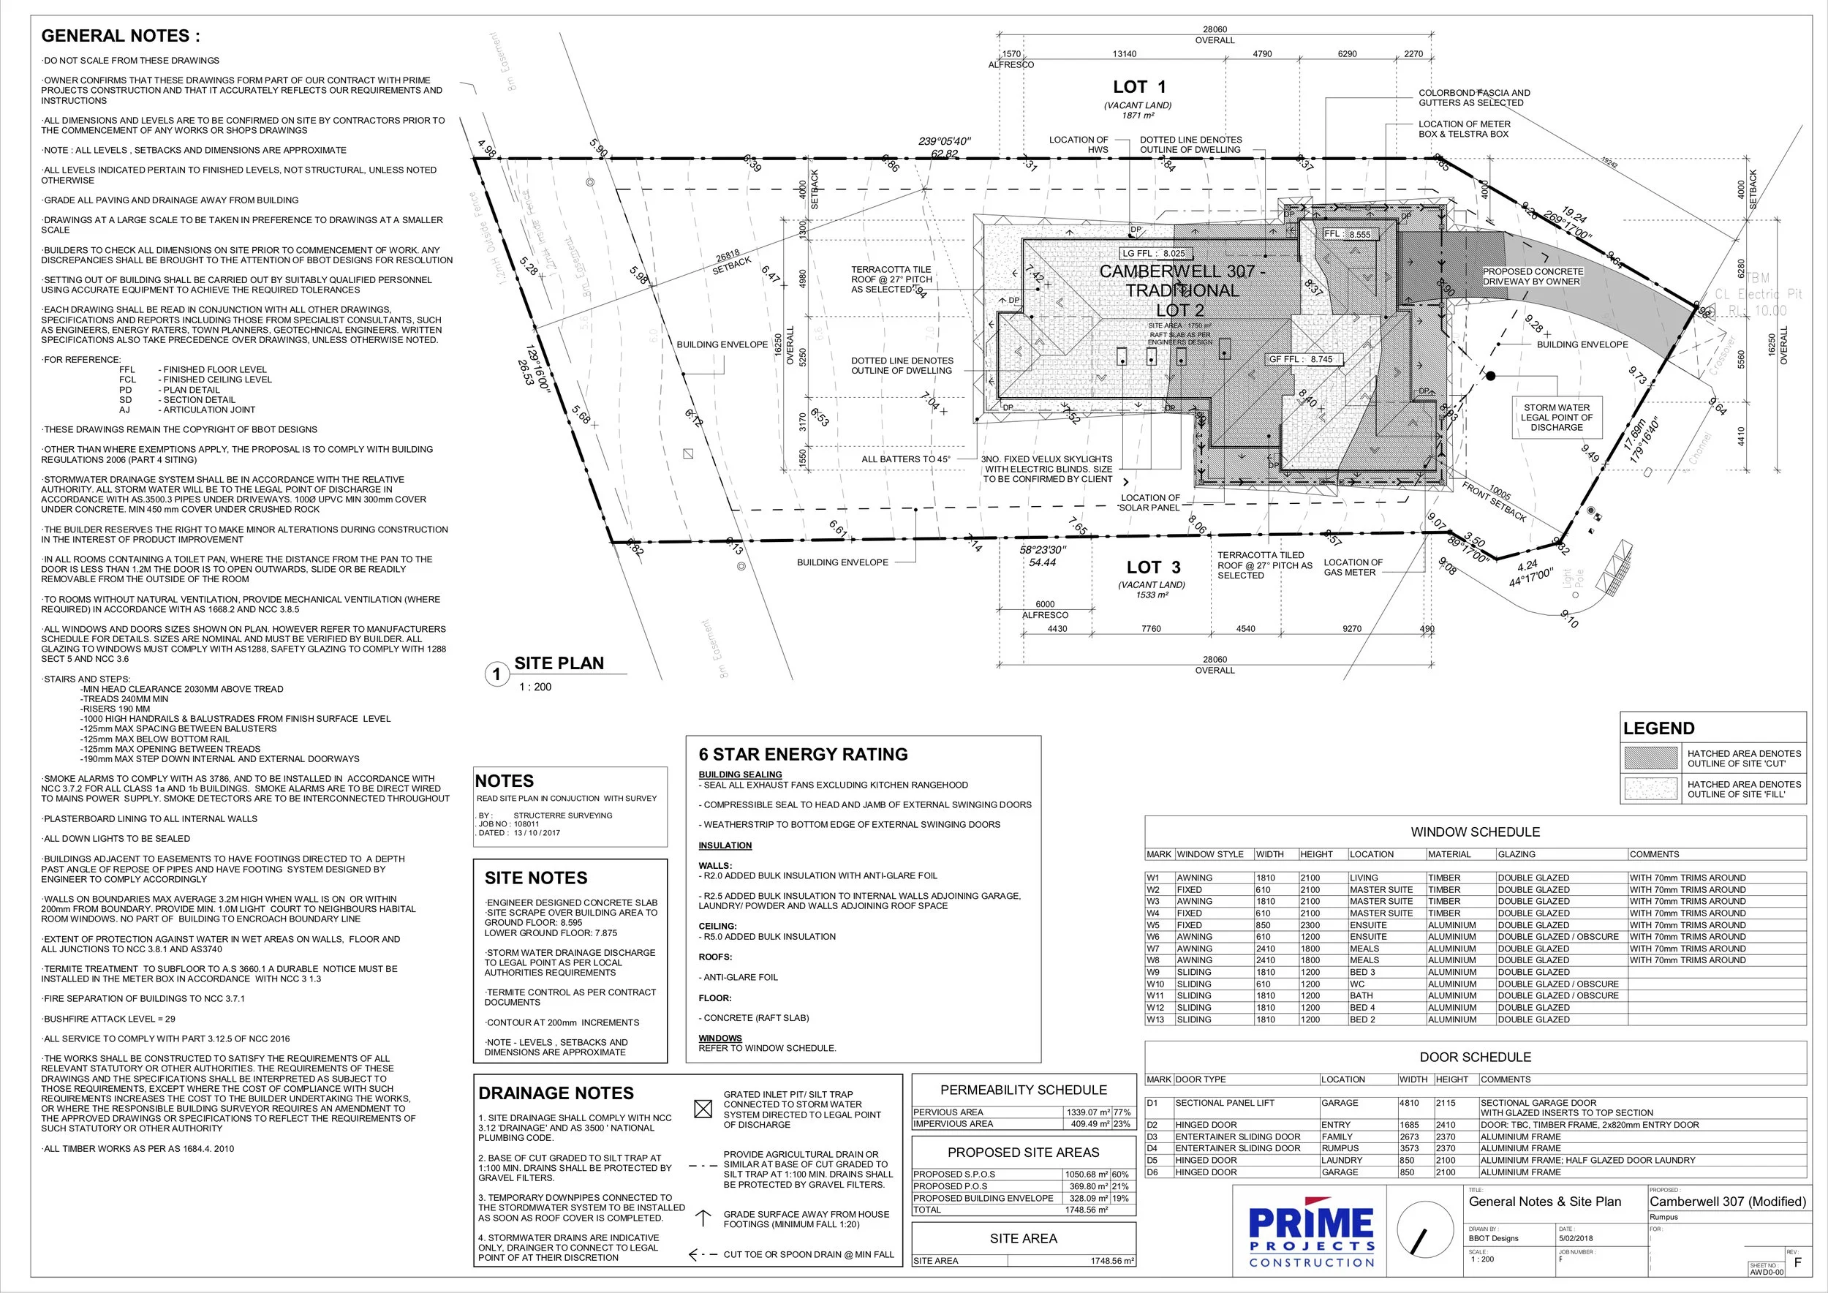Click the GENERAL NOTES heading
(120, 36)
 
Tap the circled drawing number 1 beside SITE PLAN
(496, 674)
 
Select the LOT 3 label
(1153, 568)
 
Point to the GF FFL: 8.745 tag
(1300, 359)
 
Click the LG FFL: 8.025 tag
(1153, 253)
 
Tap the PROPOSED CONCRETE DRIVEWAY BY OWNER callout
(1532, 276)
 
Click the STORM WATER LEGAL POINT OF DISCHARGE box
(1556, 417)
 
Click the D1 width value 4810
(1409, 1103)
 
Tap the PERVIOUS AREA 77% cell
(1121, 1112)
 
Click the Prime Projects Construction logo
(1310, 1237)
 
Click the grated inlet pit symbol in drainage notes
(703, 1109)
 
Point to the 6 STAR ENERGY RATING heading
(803, 754)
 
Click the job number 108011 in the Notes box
(526, 824)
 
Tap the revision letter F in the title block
(1797, 1263)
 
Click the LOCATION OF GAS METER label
(1353, 567)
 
